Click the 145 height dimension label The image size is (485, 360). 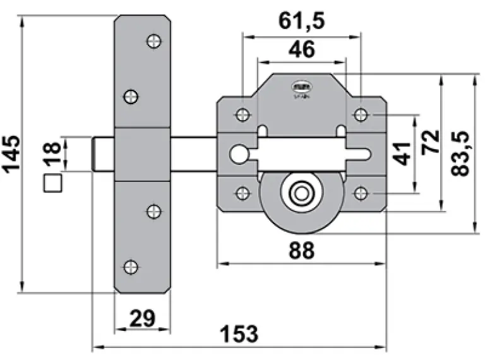11,154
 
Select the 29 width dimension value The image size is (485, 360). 143,318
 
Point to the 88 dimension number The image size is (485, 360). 301,251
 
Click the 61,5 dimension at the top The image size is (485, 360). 301,21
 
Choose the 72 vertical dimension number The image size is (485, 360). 432,143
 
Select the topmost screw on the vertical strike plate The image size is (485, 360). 153,41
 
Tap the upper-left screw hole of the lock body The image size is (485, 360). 241,114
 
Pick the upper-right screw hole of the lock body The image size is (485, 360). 360,114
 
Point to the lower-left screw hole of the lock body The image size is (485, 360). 241,193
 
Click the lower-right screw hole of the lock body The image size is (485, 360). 360,193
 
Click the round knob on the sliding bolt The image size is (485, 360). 238,153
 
